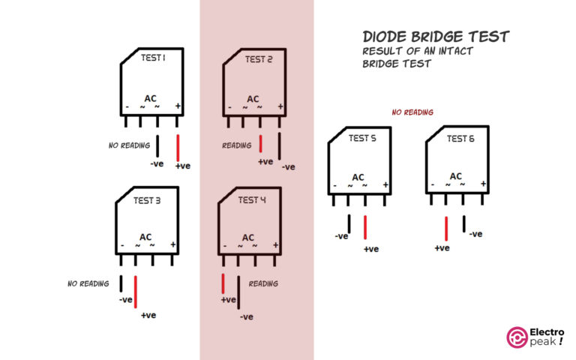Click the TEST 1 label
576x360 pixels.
pos(153,57)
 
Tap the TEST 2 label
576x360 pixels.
pos(259,59)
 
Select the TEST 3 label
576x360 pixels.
pos(147,200)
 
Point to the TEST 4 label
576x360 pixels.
pos(252,200)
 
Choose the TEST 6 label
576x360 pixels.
pos(460,138)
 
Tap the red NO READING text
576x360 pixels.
pos(412,112)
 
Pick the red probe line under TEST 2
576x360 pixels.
pos(260,144)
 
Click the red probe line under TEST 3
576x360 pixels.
pos(136,292)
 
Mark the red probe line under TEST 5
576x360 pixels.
pos(364,228)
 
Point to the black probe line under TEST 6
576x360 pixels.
pos(464,223)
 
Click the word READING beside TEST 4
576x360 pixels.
pos(263,284)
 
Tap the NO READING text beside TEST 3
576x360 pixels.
pos(88,284)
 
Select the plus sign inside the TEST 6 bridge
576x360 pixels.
pos(484,184)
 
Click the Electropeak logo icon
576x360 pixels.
pos(517,337)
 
